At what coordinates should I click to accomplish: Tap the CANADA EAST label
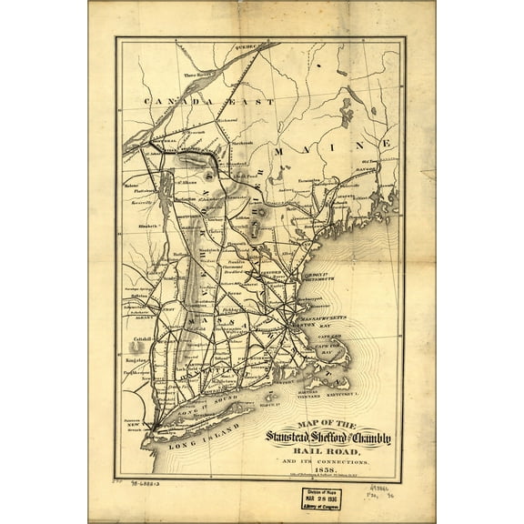click(x=213, y=103)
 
